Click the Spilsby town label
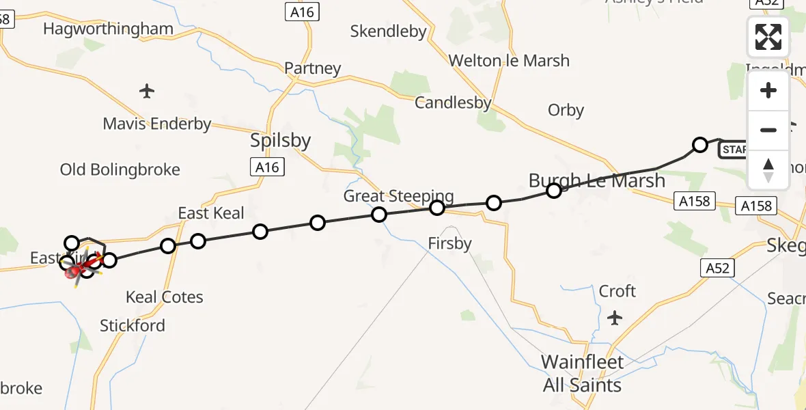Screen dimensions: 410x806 pyautogui.click(x=281, y=141)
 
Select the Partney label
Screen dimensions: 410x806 pyautogui.click(x=313, y=68)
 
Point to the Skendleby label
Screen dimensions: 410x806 pyautogui.click(x=388, y=31)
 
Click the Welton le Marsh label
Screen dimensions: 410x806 pyautogui.click(x=509, y=61)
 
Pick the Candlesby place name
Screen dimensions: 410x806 pyautogui.click(x=454, y=103)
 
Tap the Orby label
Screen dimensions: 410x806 pyautogui.click(x=566, y=110)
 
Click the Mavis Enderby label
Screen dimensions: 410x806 pyautogui.click(x=157, y=124)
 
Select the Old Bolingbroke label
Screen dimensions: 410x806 pyautogui.click(x=120, y=169)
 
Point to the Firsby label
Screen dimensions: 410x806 pyautogui.click(x=450, y=243)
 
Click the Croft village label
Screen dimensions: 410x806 pyautogui.click(x=617, y=291)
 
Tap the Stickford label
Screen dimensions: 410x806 pyautogui.click(x=133, y=325)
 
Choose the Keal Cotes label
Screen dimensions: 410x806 pyautogui.click(x=165, y=297)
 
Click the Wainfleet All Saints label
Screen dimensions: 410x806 pyautogui.click(x=583, y=373)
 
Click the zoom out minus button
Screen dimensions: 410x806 pyautogui.click(x=768, y=130)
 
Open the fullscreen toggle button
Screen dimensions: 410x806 pyautogui.click(x=768, y=37)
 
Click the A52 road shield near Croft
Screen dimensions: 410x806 pyautogui.click(x=717, y=269)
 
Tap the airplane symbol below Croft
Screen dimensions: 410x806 pyautogui.click(x=615, y=318)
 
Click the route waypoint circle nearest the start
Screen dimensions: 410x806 pyautogui.click(x=700, y=144)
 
